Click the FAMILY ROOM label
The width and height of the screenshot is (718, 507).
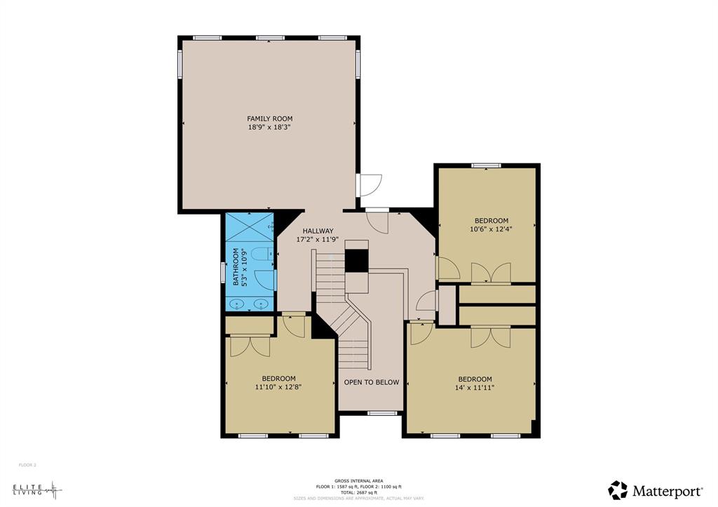(269, 119)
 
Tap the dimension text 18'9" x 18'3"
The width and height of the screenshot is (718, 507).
(269, 128)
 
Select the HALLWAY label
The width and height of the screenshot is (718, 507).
(318, 231)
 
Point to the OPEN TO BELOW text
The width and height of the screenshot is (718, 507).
(371, 382)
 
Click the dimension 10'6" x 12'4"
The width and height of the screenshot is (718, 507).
(491, 229)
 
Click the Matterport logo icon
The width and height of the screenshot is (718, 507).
(618, 489)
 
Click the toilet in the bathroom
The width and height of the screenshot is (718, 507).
(261, 255)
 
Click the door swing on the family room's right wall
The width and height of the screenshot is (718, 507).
(367, 184)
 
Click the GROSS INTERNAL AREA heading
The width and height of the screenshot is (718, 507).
(358, 481)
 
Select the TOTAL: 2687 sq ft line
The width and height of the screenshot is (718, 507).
(358, 492)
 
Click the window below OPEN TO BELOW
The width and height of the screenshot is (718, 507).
(383, 413)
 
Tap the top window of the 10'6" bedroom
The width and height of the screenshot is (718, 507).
(486, 165)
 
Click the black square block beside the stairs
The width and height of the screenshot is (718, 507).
(357, 259)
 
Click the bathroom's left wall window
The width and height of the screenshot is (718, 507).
(224, 271)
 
